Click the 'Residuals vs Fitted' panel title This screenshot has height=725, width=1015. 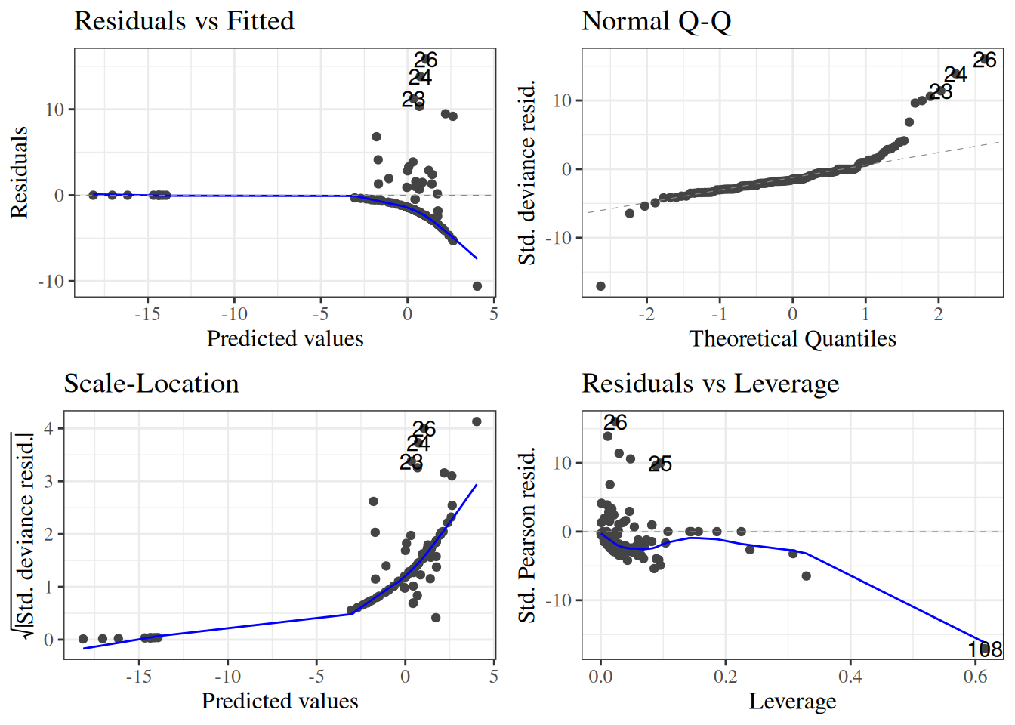click(x=184, y=21)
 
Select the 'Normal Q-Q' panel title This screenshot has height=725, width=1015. click(x=656, y=21)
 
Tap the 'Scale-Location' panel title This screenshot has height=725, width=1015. click(x=151, y=384)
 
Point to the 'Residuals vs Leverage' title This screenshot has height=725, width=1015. click(x=710, y=384)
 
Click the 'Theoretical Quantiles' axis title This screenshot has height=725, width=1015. click(x=792, y=339)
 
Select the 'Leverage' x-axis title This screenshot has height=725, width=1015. click(x=792, y=702)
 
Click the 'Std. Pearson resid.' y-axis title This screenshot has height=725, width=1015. click(x=527, y=535)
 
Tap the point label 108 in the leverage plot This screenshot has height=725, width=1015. click(x=985, y=649)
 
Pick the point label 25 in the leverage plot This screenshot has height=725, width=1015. click(x=660, y=464)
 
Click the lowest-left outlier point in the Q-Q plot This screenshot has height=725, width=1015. click(x=601, y=286)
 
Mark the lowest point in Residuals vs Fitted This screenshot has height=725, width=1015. click(x=477, y=286)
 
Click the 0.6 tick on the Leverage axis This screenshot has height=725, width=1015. click(x=975, y=677)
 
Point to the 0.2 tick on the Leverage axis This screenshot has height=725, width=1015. click(x=725, y=677)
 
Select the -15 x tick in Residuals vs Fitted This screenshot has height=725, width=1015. click(x=147, y=314)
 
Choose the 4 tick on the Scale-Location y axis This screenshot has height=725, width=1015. click(x=49, y=429)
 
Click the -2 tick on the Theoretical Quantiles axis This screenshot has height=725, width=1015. click(x=646, y=314)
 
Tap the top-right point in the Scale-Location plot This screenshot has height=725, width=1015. click(x=477, y=421)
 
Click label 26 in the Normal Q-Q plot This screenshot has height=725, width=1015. click(x=985, y=60)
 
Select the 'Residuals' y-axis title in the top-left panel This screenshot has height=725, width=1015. click(x=20, y=172)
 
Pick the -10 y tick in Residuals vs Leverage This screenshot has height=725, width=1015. click(x=560, y=600)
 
